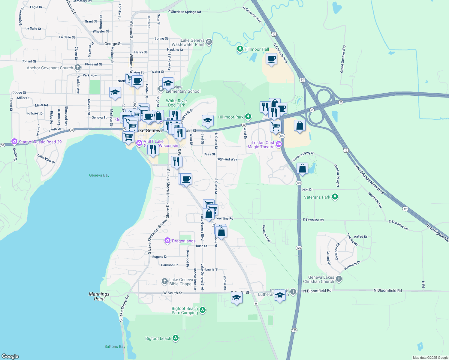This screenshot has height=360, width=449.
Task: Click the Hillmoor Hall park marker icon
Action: [240, 49]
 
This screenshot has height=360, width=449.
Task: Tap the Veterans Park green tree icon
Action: [335, 197]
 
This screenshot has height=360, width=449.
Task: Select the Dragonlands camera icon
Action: [167, 241]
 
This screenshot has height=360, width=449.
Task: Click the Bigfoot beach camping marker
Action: [176, 338]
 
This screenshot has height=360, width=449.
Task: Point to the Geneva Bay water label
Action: [99, 175]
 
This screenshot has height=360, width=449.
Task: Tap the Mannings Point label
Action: [99, 296]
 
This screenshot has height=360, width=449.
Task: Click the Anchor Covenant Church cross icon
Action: [78, 67]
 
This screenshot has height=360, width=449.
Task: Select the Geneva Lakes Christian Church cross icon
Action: [339, 279]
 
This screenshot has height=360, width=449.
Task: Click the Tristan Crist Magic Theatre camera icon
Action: [279, 145]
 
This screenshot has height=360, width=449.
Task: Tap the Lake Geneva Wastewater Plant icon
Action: [209, 42]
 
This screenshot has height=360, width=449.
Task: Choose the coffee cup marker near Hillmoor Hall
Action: [271, 59]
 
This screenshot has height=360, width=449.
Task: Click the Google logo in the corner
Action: [10, 356]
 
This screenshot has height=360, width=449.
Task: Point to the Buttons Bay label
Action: [115, 346]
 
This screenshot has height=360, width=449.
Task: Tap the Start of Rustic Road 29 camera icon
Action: [14, 142]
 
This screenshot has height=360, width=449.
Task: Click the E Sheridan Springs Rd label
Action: [185, 12]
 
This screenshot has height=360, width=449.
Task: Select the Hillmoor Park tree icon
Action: [248, 116]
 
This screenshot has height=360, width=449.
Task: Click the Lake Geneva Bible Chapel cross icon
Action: [164, 281]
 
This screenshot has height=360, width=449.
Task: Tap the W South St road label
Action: [173, 293]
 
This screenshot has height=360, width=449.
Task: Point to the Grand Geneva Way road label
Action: [342, 59]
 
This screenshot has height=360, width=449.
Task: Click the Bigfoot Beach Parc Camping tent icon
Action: [203, 310]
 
